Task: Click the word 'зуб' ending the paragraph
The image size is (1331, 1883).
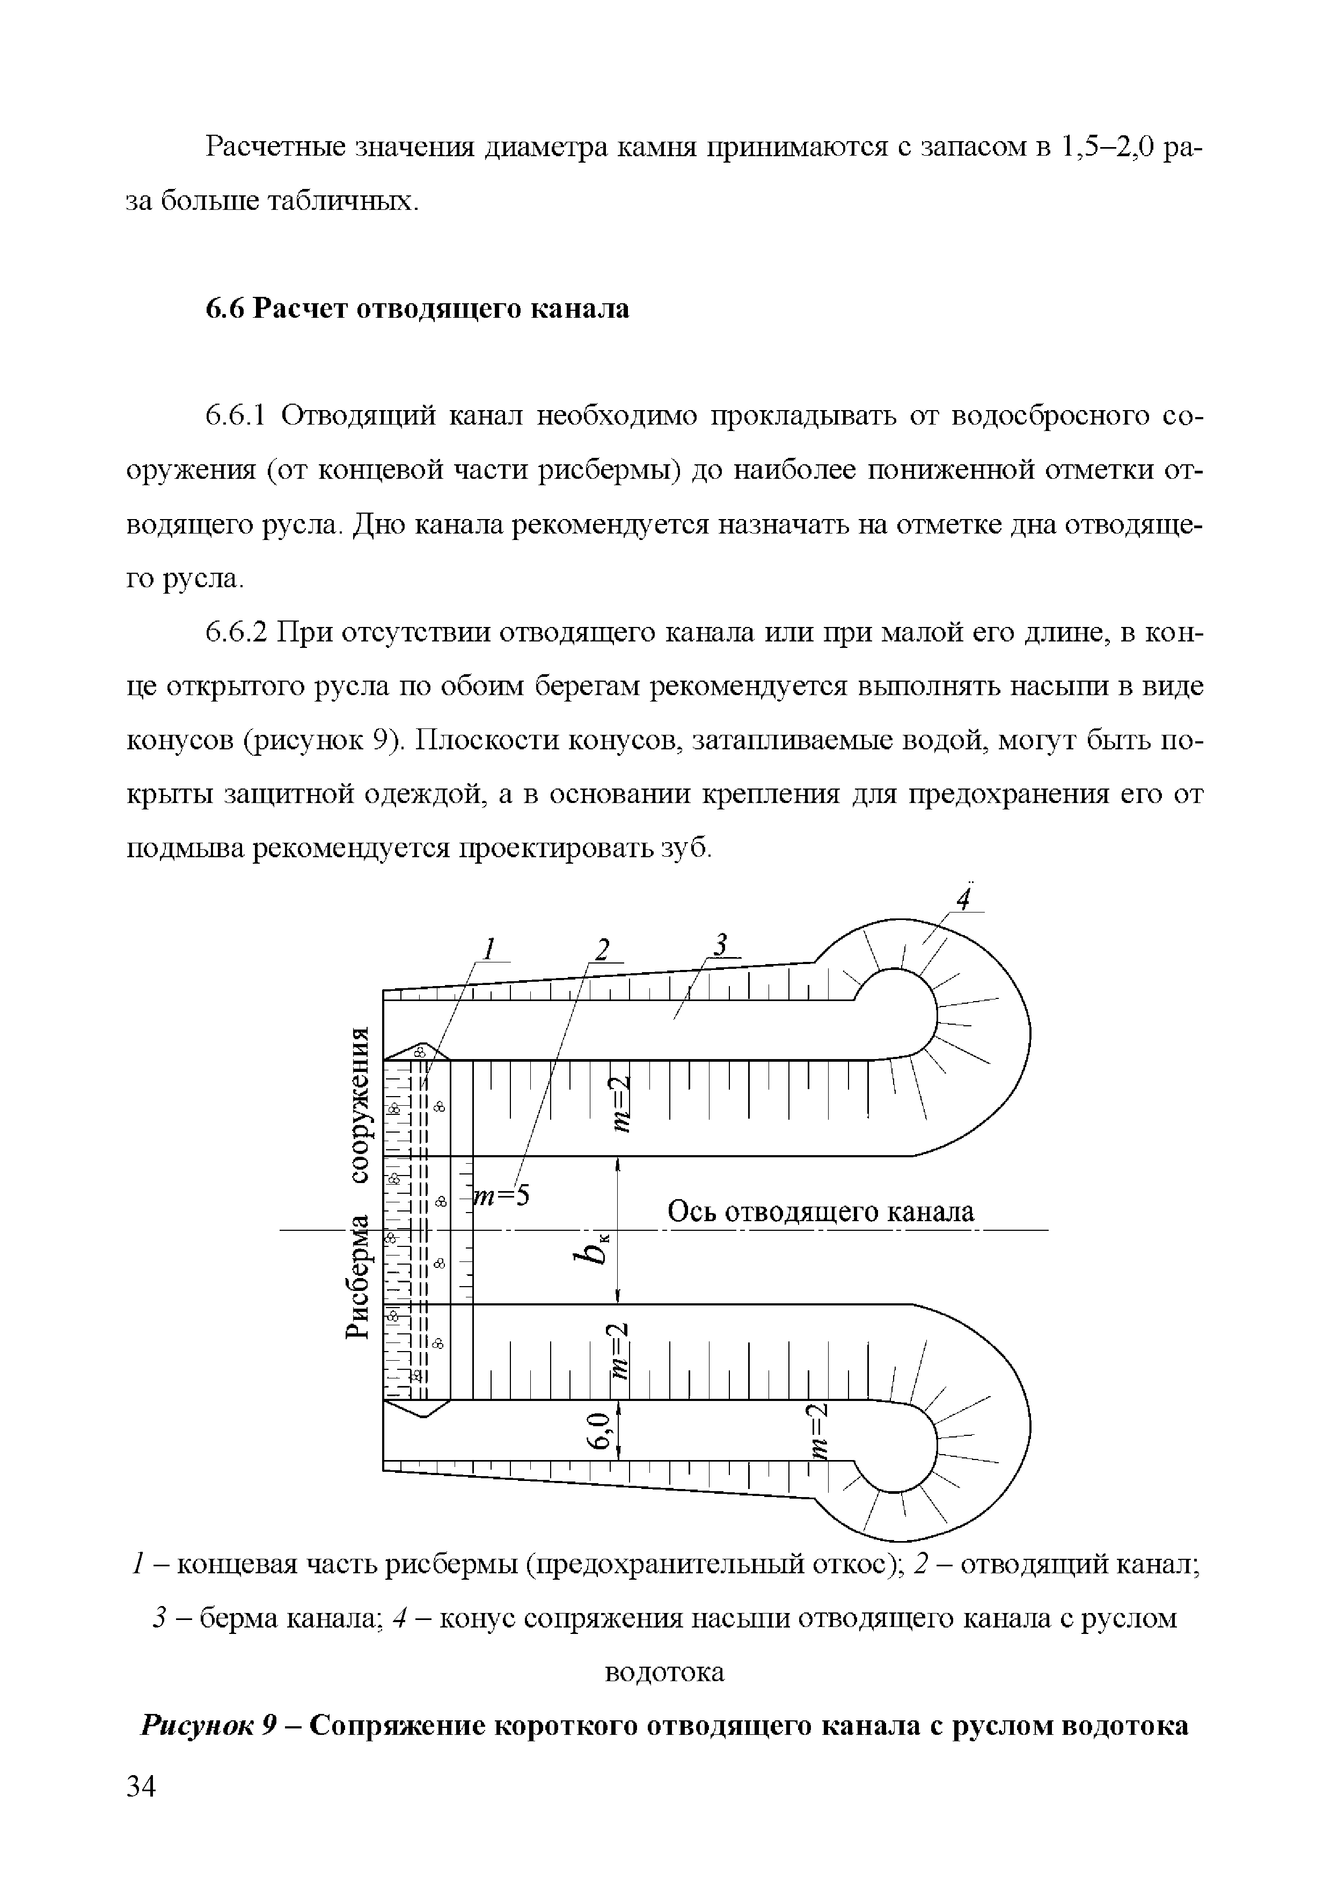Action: tap(686, 849)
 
